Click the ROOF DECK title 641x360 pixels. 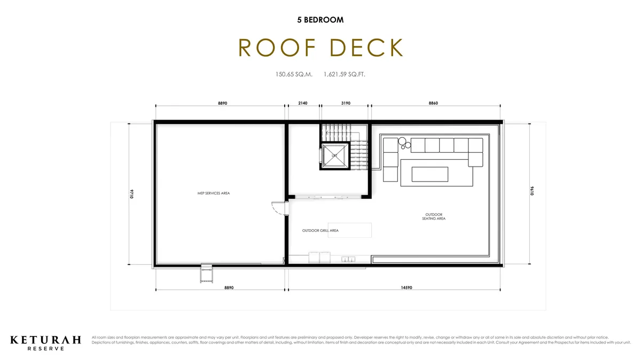point(320,48)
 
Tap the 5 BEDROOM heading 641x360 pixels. point(320,20)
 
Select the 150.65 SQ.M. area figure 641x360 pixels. point(294,75)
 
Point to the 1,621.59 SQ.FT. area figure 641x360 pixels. point(345,75)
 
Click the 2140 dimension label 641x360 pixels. point(303,103)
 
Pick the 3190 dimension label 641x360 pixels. point(345,103)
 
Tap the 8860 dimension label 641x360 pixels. point(433,103)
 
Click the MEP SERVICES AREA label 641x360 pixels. point(214,193)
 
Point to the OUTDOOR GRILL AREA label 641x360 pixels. point(320,231)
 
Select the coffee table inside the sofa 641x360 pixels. point(429,174)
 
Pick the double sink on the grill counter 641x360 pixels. point(348,259)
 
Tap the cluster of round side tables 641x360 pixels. point(404,143)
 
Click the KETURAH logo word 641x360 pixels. point(46,340)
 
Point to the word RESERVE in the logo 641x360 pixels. point(46,349)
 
